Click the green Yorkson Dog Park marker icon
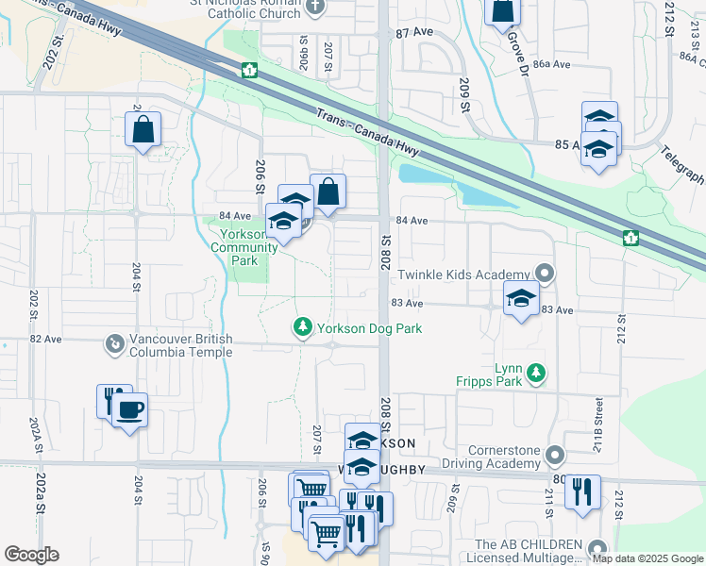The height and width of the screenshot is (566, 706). pyautogui.click(x=303, y=327)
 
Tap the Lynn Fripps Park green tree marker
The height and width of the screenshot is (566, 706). pyautogui.click(x=536, y=374)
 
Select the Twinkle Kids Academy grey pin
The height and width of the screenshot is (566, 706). pyautogui.click(x=545, y=275)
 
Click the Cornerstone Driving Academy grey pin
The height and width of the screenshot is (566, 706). pyautogui.click(x=554, y=457)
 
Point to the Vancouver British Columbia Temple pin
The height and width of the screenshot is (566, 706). pyautogui.click(x=114, y=343)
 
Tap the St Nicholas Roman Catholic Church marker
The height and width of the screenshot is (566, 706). pyautogui.click(x=317, y=8)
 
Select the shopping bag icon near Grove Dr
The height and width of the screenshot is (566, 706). pyautogui.click(x=503, y=10)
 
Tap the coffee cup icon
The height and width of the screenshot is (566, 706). pyautogui.click(x=129, y=410)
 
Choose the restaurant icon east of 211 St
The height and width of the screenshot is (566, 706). pyautogui.click(x=582, y=491)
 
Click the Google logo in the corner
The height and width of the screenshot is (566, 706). pyautogui.click(x=31, y=555)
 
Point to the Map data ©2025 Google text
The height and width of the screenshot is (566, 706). pyautogui.click(x=648, y=559)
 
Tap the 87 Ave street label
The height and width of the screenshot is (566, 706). pyautogui.click(x=414, y=32)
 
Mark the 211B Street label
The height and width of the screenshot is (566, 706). pyautogui.click(x=598, y=415)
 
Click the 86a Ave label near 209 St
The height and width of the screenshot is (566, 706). pyautogui.click(x=552, y=64)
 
